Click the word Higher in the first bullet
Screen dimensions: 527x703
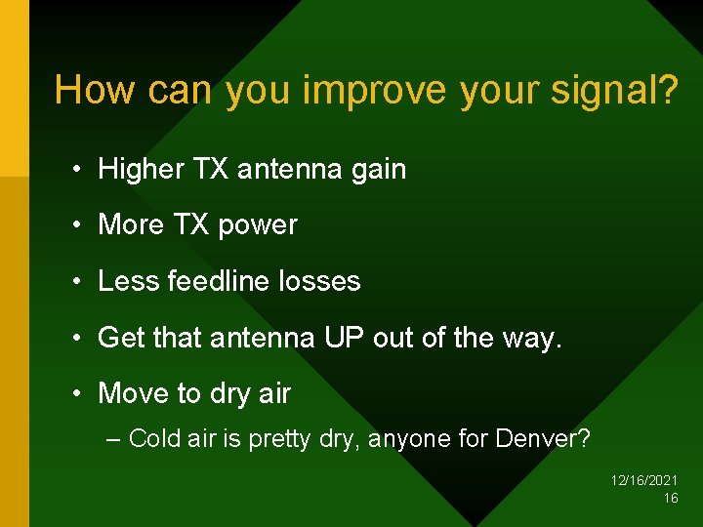pos(140,170)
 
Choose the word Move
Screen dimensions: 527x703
pos(134,393)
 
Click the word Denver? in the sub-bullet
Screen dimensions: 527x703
pos(542,439)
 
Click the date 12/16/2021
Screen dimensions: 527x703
pos(644,480)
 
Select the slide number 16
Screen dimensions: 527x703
pos(670,498)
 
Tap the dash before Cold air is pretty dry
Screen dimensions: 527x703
pos(113,439)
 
